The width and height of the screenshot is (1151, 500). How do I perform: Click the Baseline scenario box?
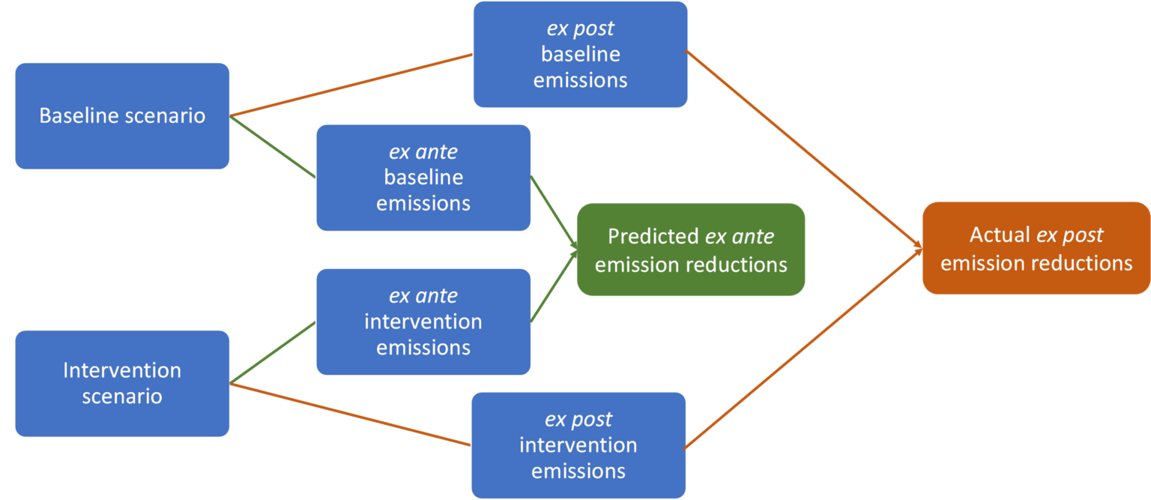click(x=122, y=116)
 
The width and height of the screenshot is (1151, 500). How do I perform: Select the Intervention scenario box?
click(x=122, y=383)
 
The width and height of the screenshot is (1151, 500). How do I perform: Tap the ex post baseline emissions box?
click(x=581, y=54)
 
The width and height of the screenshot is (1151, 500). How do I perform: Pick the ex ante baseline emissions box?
click(x=423, y=178)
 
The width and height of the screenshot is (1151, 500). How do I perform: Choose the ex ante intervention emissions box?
click(x=423, y=322)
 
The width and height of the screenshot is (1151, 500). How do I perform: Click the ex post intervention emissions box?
click(x=578, y=445)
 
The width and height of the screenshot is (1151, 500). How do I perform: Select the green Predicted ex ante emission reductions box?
click(x=691, y=250)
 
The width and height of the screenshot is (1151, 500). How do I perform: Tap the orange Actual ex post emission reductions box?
click(x=1036, y=248)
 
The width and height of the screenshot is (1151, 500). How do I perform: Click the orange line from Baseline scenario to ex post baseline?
click(x=351, y=85)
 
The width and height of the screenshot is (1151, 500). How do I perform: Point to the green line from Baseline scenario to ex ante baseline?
click(x=272, y=147)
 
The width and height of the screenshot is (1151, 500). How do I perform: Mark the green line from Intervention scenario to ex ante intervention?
click(x=272, y=352)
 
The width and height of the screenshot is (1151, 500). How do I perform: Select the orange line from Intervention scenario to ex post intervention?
click(x=350, y=415)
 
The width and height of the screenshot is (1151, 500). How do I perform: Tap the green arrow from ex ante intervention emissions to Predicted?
click(x=554, y=286)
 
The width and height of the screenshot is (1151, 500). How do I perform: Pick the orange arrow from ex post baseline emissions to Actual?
click(x=804, y=149)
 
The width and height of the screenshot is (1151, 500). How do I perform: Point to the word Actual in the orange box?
click(x=1000, y=235)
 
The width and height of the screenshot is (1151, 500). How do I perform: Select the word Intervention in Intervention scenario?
click(x=122, y=370)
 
